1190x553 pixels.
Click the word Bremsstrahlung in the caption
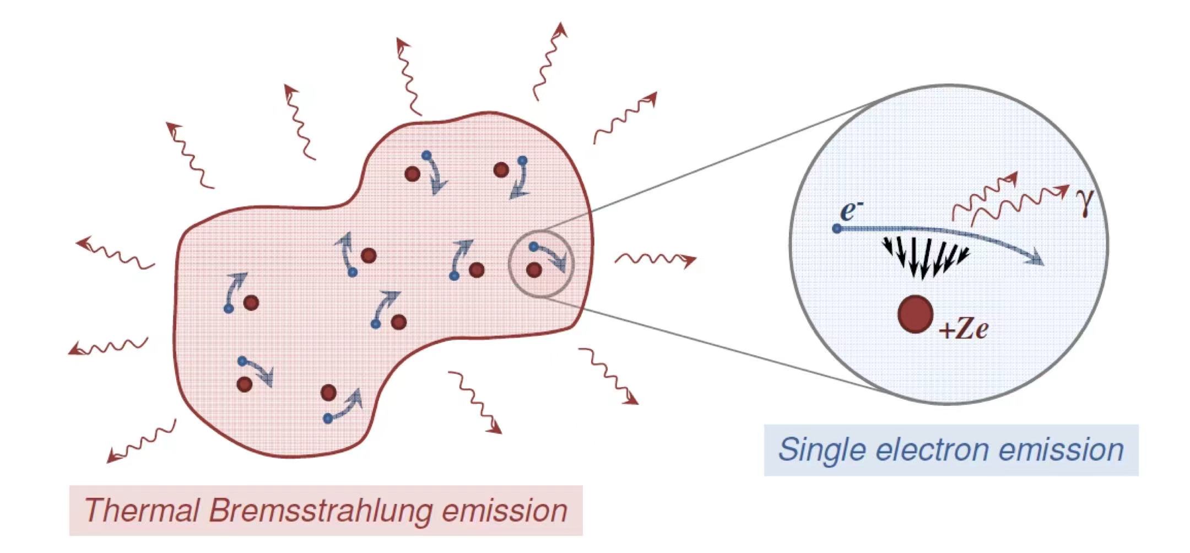point(321,511)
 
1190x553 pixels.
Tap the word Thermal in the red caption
point(142,509)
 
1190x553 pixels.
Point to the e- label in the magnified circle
point(851,211)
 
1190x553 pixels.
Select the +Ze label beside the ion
point(964,329)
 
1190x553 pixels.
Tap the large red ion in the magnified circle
point(915,314)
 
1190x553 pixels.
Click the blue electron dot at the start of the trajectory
point(837,228)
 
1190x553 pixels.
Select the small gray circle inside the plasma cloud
point(540,264)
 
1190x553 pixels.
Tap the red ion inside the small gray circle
point(533,270)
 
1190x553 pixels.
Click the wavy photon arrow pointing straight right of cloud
point(656,259)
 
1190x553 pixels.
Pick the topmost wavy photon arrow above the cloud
point(549,61)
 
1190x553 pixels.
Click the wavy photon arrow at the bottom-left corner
point(141,442)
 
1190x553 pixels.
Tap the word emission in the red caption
point(504,511)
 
